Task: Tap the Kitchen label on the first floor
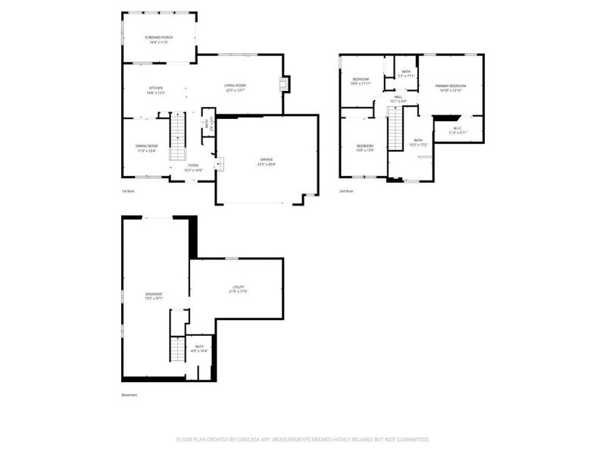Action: pyautogui.click(x=156, y=90)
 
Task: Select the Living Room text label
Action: pyautogui.click(x=235, y=87)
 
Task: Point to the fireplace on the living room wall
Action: pyautogui.click(x=285, y=84)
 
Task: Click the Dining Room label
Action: pyautogui.click(x=146, y=148)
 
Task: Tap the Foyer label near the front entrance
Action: pyautogui.click(x=193, y=167)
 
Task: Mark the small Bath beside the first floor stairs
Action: pyautogui.click(x=206, y=125)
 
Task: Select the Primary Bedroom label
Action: pyautogui.click(x=450, y=88)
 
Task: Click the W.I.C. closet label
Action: pyautogui.click(x=458, y=130)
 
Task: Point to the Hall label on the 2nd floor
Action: pyautogui.click(x=398, y=99)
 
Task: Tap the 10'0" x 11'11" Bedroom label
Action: pyautogui.click(x=361, y=81)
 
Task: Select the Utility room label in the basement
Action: pyautogui.click(x=238, y=289)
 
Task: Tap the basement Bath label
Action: pyautogui.click(x=199, y=348)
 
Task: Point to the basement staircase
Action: pyautogui.click(x=177, y=350)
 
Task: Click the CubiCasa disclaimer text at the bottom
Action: pyautogui.click(x=303, y=439)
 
